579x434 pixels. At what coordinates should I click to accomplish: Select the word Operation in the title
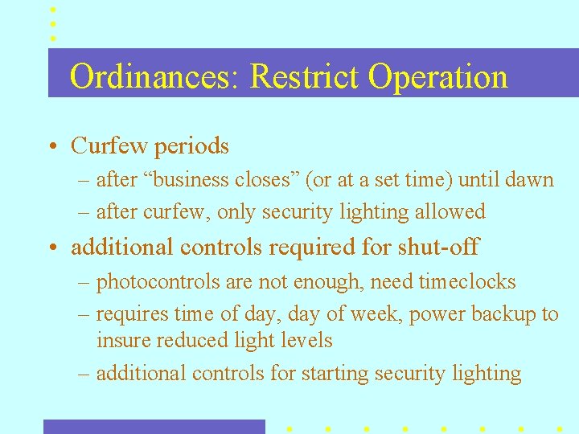point(438,77)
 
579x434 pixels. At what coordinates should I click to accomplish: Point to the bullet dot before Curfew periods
point(51,147)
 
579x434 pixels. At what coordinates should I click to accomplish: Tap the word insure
point(122,340)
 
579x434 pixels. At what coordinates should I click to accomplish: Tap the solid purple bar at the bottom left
point(154,427)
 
